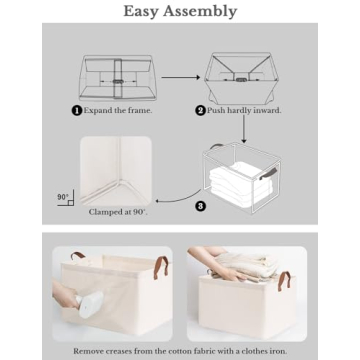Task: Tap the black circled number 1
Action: point(77,110)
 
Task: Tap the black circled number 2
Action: point(200,110)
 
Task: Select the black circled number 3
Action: point(200,206)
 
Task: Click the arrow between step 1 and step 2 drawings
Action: point(179,76)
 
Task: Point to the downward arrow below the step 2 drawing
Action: point(243,128)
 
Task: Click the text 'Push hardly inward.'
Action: point(244,110)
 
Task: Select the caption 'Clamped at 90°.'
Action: point(116,212)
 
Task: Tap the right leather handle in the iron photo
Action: point(159,267)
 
